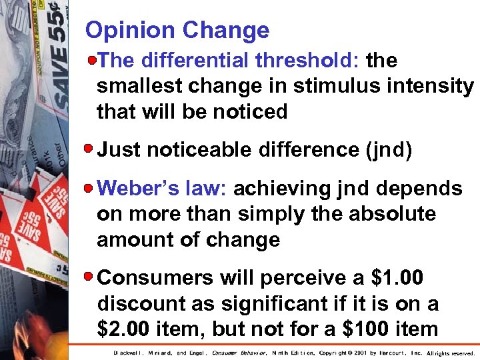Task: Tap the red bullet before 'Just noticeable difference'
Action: [x=93, y=150]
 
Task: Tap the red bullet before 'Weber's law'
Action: [x=93, y=189]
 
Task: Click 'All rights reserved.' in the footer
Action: [x=451, y=353]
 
